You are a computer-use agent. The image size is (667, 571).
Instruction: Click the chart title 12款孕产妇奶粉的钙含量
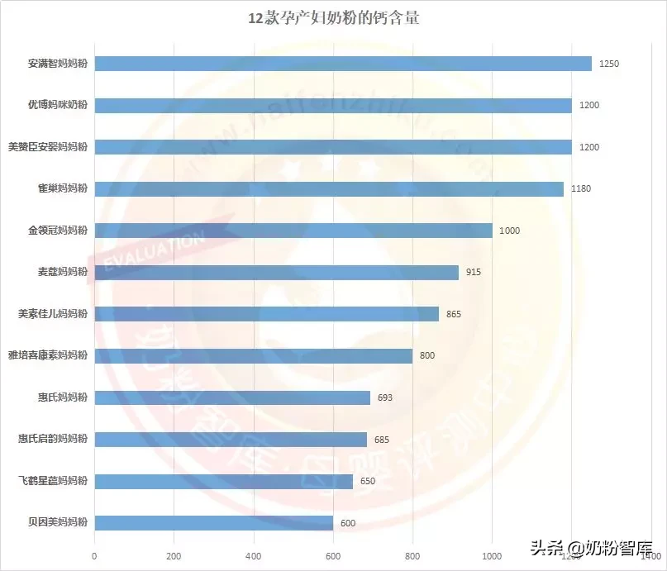click(x=333, y=17)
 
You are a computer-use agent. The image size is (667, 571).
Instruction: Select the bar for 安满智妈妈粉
click(x=343, y=64)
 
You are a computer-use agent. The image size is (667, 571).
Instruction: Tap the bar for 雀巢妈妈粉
click(x=329, y=188)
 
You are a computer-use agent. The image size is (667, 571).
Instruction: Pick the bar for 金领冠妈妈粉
click(x=293, y=231)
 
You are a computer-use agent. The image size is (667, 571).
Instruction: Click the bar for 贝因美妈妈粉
click(x=214, y=522)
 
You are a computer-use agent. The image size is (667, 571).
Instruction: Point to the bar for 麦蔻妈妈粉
click(x=276, y=272)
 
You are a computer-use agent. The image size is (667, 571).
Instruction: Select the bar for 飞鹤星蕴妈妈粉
click(x=224, y=481)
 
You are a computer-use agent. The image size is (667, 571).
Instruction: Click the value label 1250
click(x=609, y=64)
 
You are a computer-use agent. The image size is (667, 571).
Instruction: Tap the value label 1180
click(x=580, y=188)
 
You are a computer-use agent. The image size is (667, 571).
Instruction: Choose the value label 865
click(x=453, y=314)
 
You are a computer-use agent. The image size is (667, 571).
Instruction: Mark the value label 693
click(x=384, y=397)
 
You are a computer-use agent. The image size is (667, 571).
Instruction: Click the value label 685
click(x=381, y=440)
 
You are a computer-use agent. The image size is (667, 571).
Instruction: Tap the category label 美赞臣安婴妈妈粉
click(x=47, y=146)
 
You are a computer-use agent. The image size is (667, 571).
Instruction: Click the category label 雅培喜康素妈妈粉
click(x=47, y=355)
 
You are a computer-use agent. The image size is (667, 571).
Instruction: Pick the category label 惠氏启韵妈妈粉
click(x=53, y=439)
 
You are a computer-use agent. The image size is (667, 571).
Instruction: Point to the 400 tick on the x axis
click(x=254, y=555)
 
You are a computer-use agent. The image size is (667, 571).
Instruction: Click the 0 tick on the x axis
click(x=95, y=555)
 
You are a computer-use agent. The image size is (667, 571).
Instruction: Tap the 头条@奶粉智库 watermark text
click(x=591, y=548)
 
